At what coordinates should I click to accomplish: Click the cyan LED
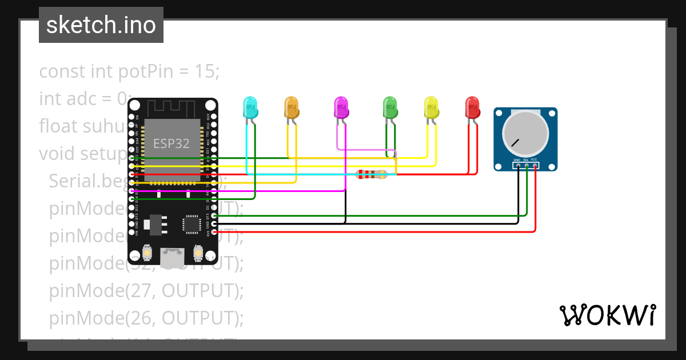click(x=250, y=107)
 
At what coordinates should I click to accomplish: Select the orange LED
click(x=292, y=107)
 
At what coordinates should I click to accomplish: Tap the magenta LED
click(x=341, y=107)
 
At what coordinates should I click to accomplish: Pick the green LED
click(x=390, y=107)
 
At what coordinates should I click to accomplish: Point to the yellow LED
click(x=431, y=107)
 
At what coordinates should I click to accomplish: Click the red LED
click(x=472, y=107)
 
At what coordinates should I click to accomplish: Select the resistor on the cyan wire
click(x=371, y=174)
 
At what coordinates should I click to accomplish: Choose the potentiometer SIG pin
click(x=526, y=166)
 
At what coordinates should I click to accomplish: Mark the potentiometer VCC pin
click(x=535, y=166)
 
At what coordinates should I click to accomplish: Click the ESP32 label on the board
click(x=171, y=143)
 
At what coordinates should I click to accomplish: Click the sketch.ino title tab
click(x=101, y=25)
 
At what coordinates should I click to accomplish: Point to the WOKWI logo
click(x=607, y=315)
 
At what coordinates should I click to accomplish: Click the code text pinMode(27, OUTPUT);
click(x=146, y=291)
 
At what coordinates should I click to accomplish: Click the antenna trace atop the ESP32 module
click(x=172, y=109)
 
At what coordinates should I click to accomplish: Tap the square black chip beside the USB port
click(x=190, y=223)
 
